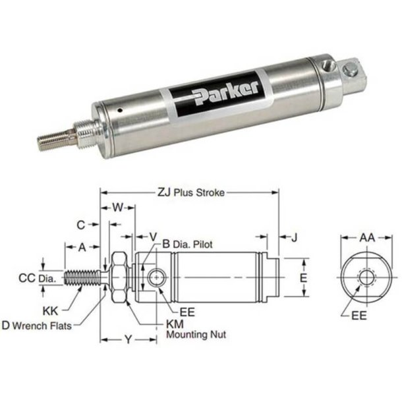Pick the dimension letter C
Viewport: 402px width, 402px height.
pos(81,225)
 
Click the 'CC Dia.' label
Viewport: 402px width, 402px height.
pos(36,278)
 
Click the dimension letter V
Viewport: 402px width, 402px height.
pos(152,235)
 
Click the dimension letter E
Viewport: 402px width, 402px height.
pos(304,279)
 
